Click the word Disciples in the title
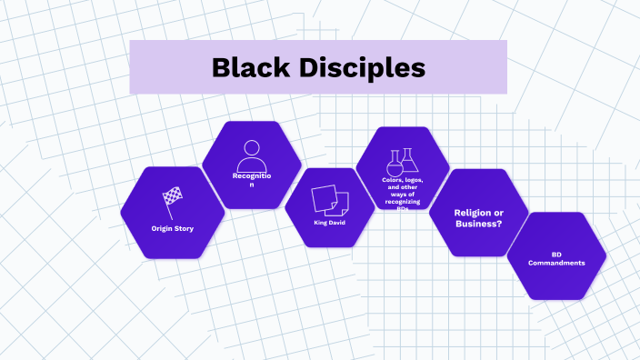pos(364,67)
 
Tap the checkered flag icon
pos(172,197)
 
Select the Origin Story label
pos(173,228)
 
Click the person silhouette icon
pos(252,152)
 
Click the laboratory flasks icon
pos(401,162)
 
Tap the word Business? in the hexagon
pos(479,224)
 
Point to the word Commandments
pos(555,264)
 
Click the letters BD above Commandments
pos(556,255)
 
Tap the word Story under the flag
pos(185,228)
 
